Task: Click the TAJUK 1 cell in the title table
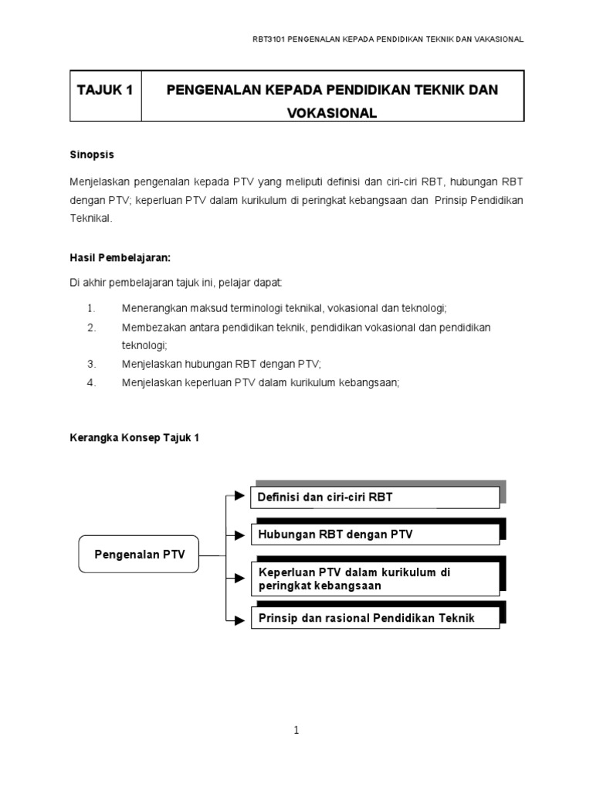tap(105, 90)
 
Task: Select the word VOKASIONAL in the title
tap(332, 113)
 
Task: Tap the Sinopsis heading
tap(92, 154)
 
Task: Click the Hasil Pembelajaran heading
tap(120, 257)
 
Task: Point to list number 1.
tap(91, 308)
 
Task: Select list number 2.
tap(91, 328)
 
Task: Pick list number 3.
tap(91, 363)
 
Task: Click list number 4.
tap(91, 382)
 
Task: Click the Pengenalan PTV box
tap(139, 554)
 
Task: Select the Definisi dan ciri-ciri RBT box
tap(375, 497)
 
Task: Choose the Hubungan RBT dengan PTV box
tap(375, 534)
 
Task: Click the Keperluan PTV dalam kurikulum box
tap(375, 579)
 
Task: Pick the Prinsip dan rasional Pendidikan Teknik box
tap(375, 618)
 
